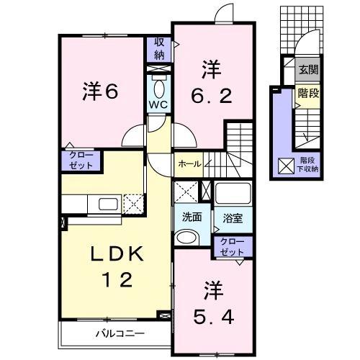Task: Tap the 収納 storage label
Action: click(158, 48)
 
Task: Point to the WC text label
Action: click(158, 104)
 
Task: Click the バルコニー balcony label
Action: click(120, 334)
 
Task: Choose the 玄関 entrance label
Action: click(308, 70)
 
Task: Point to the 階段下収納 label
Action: click(307, 165)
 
